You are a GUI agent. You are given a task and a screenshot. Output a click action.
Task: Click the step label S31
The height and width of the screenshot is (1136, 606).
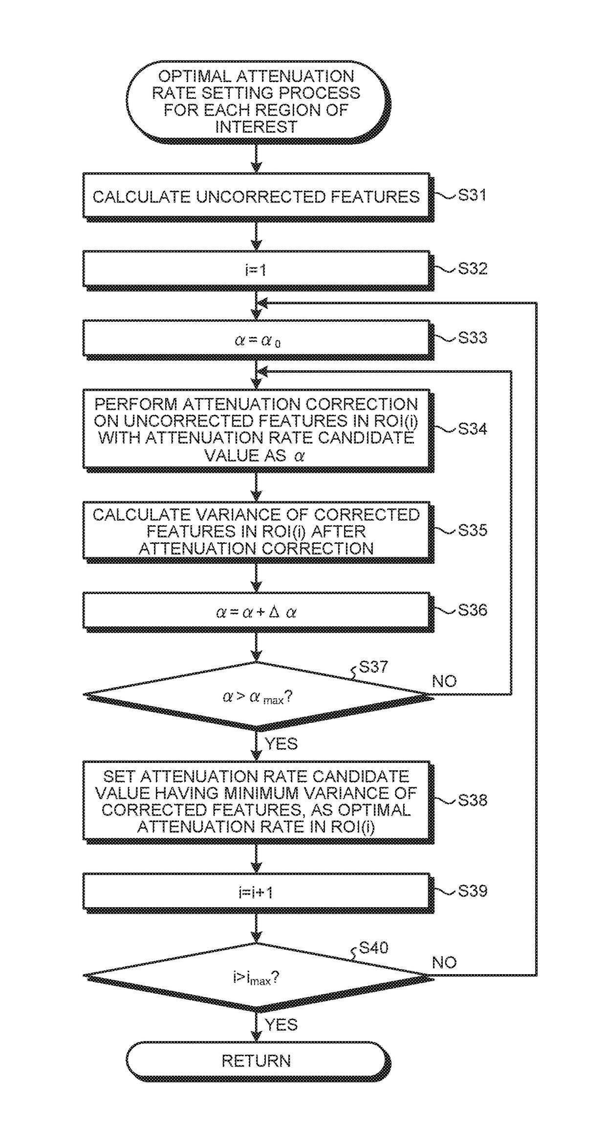(472, 196)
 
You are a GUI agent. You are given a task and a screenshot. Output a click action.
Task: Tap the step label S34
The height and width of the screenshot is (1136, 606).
(473, 429)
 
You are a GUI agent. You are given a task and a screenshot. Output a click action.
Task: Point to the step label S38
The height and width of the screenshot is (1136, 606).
(473, 800)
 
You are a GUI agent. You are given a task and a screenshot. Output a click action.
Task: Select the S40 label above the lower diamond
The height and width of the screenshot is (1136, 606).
(373, 948)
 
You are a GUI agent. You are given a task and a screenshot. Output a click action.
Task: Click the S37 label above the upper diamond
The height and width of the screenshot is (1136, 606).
(373, 667)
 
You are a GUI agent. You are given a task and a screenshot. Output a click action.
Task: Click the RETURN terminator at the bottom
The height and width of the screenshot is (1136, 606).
(258, 1061)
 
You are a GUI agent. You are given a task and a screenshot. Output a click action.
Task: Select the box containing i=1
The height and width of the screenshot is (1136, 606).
(257, 269)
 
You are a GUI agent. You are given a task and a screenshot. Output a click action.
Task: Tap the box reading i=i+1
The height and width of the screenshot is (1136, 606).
(257, 892)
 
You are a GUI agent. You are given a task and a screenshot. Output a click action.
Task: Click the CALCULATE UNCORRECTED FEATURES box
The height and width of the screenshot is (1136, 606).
(257, 197)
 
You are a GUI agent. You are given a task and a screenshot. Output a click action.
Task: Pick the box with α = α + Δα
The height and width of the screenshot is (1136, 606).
(257, 612)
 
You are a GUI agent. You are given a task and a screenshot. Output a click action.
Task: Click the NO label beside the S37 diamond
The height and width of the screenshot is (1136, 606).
(444, 681)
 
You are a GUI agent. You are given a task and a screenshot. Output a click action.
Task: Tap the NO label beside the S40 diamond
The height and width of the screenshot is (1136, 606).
(444, 962)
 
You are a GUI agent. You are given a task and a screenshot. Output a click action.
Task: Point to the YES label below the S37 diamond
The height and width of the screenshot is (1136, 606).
(281, 743)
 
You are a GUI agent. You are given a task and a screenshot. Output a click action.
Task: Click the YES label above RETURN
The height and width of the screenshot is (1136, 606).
(281, 1025)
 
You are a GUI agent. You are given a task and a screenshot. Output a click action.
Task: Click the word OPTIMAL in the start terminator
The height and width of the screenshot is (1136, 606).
(195, 76)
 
